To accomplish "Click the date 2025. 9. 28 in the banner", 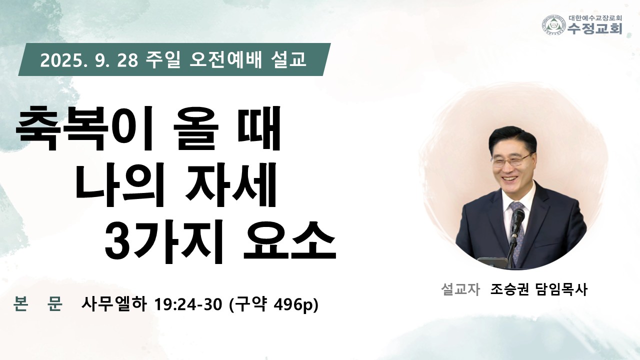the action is click(89, 60).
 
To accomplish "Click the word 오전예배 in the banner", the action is click(225, 60).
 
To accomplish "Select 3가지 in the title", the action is click(163, 242).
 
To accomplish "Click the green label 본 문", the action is click(37, 303).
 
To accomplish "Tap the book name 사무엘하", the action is click(114, 304).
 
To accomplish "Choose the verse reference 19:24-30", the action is click(188, 304).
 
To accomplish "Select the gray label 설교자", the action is click(460, 289).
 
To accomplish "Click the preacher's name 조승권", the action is click(509, 289).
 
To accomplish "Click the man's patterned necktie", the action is click(517, 228).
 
